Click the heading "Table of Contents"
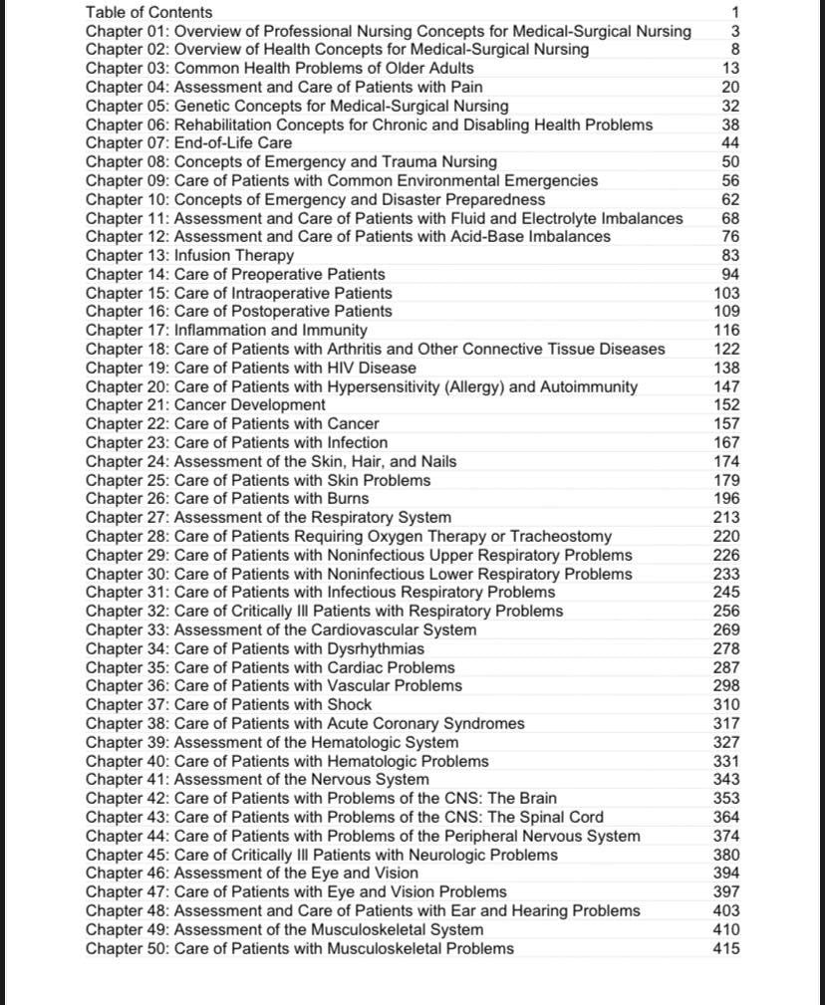pos(148,12)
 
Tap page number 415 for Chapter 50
pos(726,948)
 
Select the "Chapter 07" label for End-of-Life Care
pos(127,143)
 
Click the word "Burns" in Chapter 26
pos(346,499)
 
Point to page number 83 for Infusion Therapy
pos(730,255)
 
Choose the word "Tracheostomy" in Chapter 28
pos(560,537)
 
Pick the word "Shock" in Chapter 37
pos(348,705)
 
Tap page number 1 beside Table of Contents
pos(735,12)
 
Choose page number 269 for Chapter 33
pos(726,629)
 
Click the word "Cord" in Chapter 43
pos(584,817)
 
